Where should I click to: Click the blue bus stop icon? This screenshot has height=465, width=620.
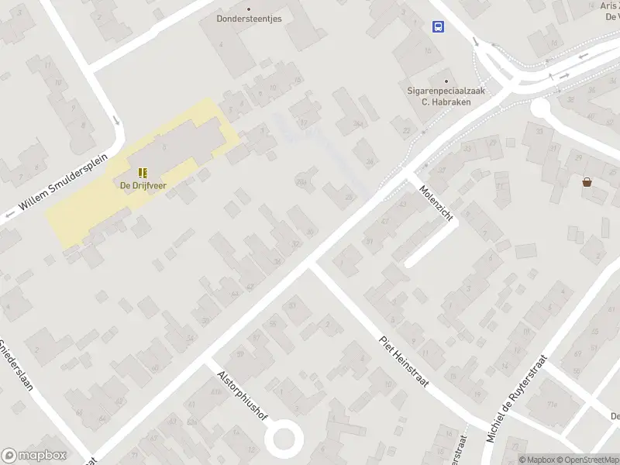(x=439, y=27)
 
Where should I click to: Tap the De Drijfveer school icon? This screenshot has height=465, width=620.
(x=143, y=172)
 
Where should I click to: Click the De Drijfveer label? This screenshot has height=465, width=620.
(x=143, y=184)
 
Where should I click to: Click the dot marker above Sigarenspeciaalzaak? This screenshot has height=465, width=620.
(x=445, y=80)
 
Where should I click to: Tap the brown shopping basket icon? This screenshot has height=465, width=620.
(x=587, y=182)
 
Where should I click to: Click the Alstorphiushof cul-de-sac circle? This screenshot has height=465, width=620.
(x=282, y=439)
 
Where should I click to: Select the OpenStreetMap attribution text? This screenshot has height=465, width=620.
(x=584, y=460)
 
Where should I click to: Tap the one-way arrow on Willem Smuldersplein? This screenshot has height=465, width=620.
(x=116, y=121)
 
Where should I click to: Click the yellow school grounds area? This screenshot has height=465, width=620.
(x=77, y=217)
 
